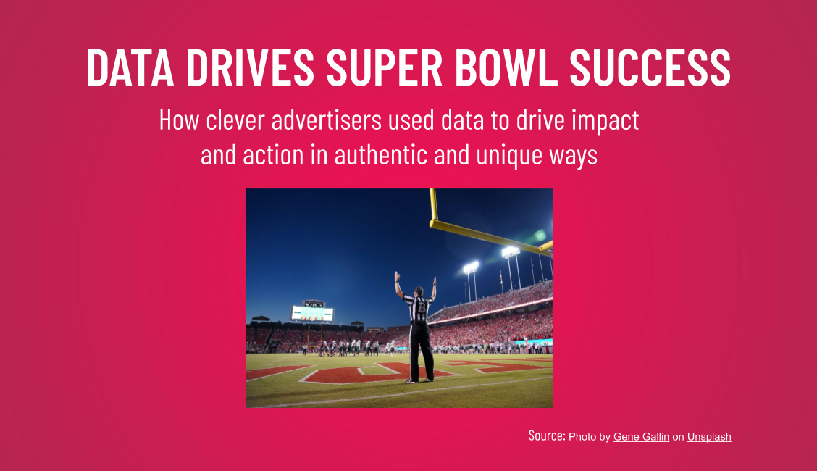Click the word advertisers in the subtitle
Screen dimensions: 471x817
(327, 120)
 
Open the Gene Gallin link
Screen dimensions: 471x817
(641, 437)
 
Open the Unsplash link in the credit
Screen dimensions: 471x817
(709, 437)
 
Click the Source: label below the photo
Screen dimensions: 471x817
(546, 436)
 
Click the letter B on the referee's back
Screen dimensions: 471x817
(421, 307)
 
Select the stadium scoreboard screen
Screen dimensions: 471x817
(312, 313)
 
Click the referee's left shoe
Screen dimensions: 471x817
(413, 380)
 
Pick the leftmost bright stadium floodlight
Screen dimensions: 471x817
(471, 267)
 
